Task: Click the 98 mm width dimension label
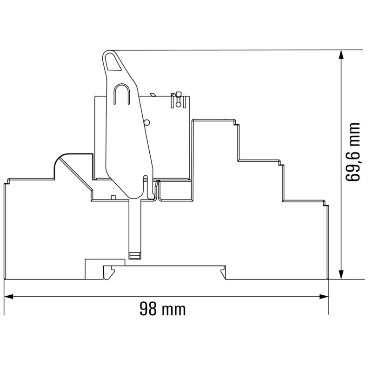[x=162, y=309]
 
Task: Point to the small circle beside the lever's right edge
[x=147, y=123]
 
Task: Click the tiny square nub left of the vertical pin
[x=113, y=197]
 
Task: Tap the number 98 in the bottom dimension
[x=147, y=309]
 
